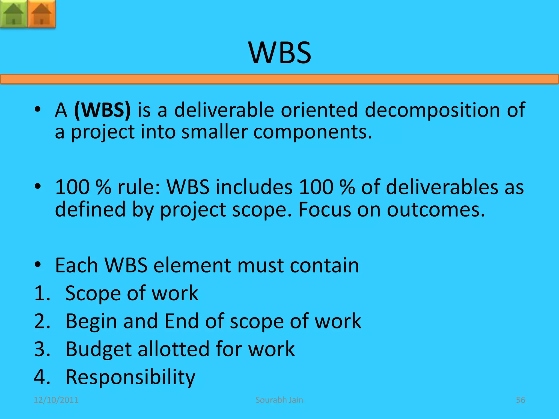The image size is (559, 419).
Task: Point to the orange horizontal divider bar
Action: coord(279,79)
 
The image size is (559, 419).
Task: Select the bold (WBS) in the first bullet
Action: coord(102,110)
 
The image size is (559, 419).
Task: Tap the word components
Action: coord(313,132)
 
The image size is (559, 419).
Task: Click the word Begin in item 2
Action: coord(91,321)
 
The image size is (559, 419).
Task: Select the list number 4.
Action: coord(42,377)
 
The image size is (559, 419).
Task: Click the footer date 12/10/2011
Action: coord(56,400)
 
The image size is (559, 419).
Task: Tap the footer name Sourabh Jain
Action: coord(279,400)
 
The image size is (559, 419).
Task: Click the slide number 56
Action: coord(520,400)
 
